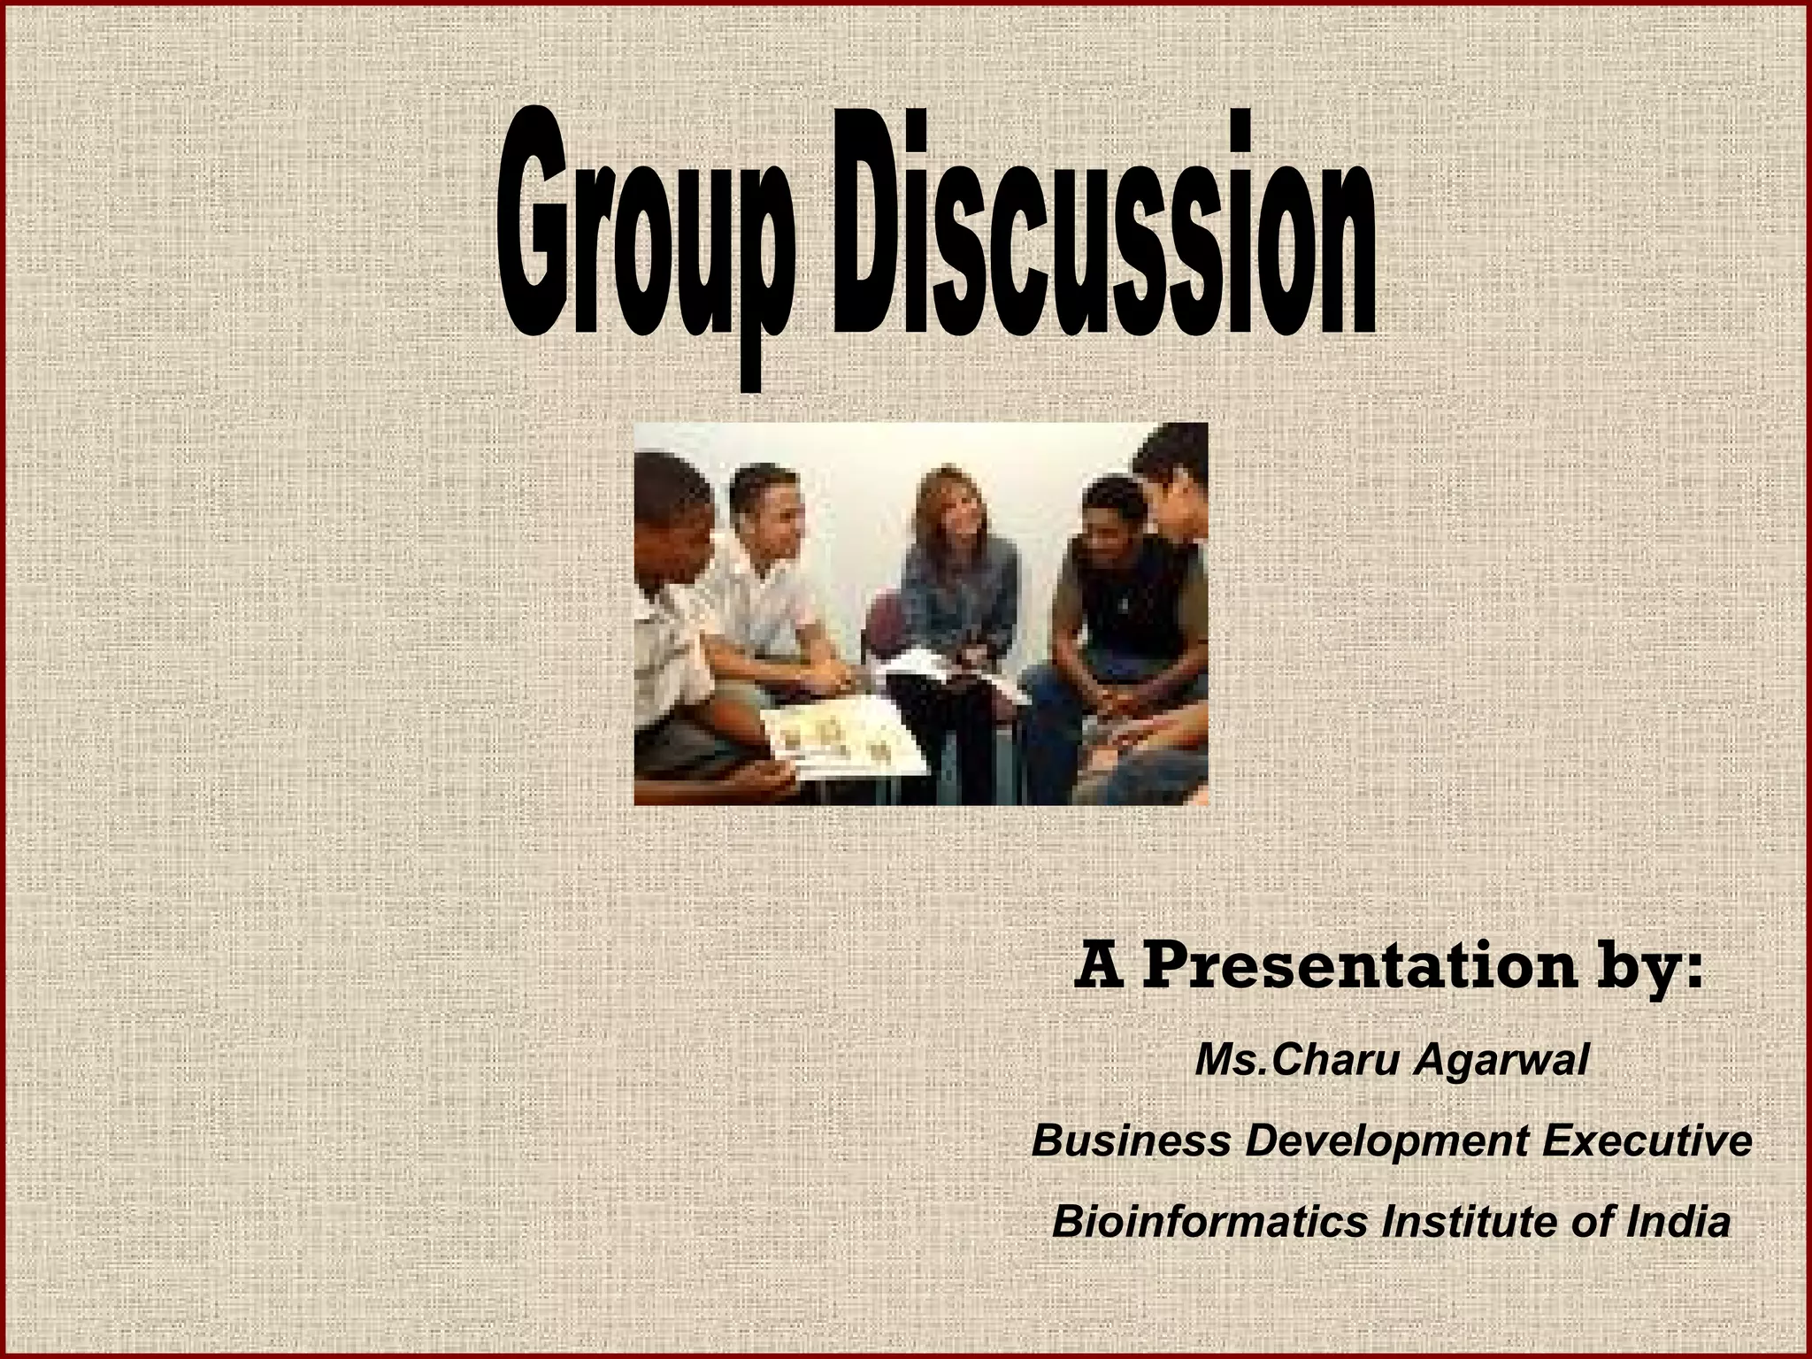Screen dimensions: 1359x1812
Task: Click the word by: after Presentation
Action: click(1654, 971)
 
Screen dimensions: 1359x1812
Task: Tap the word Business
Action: click(1131, 1140)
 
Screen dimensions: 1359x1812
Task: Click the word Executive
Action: click(1647, 1140)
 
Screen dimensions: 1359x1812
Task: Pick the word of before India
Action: click(1594, 1223)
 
